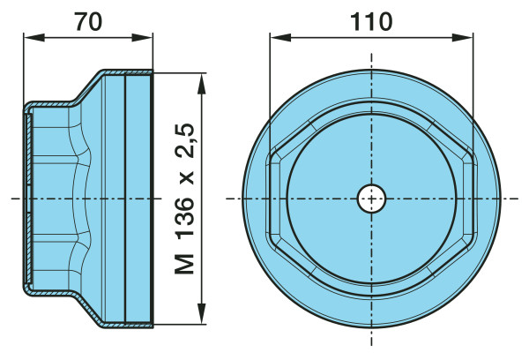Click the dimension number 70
88,21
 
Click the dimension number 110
371,21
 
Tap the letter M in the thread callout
184,264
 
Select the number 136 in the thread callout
185,216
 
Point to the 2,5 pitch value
185,140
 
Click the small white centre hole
371,199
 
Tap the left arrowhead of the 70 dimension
34,37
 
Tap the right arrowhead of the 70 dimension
142,37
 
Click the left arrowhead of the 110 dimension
280,37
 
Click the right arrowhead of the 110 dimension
462,37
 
